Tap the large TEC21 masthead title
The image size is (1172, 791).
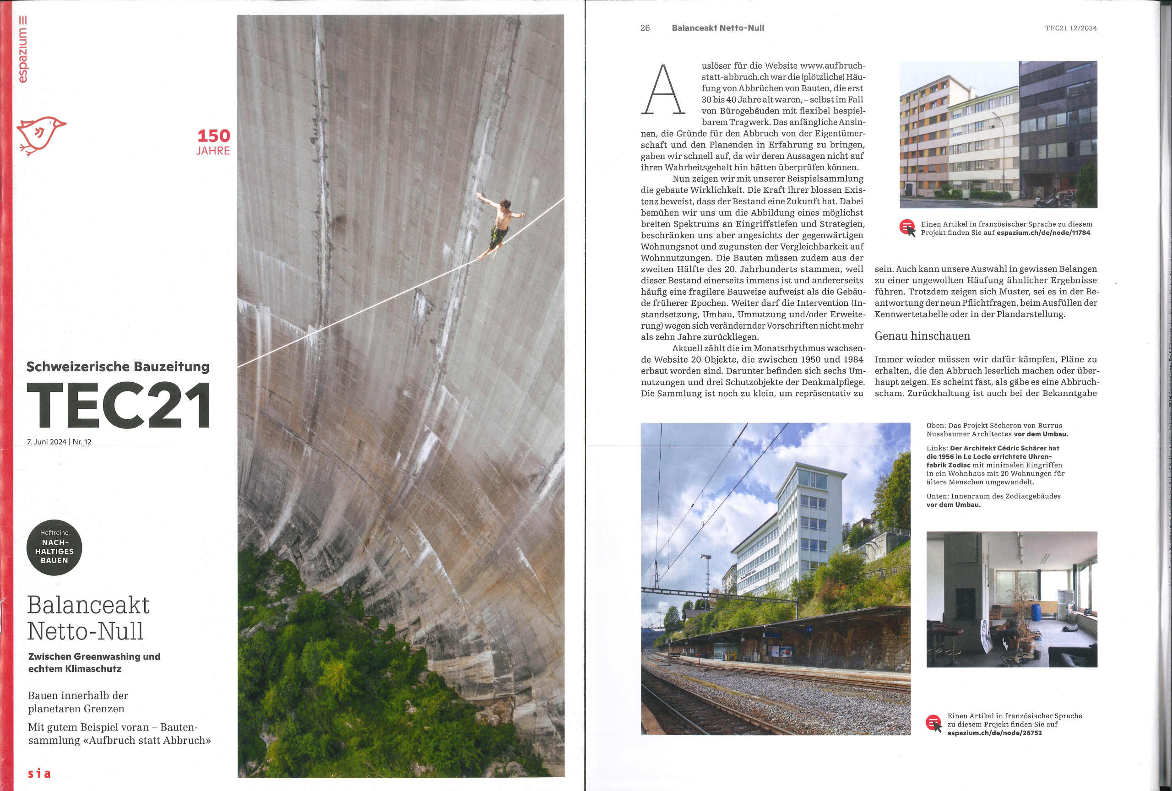[119, 405]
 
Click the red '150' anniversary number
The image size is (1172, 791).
[213, 135]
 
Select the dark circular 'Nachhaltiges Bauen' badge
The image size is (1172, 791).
[54, 547]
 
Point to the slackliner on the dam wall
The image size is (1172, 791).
[499, 225]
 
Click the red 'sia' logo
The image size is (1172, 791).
[39, 773]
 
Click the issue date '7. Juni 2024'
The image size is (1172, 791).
[46, 442]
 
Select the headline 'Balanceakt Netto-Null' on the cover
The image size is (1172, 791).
[88, 618]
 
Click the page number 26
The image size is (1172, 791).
[645, 28]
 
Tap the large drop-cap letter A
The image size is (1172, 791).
[662, 90]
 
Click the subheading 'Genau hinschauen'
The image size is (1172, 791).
[922, 336]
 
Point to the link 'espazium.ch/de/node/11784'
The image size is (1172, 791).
[1043, 233]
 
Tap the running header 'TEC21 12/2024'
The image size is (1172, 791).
[1071, 28]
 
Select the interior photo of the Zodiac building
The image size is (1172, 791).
[1011, 599]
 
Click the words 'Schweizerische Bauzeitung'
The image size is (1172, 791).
[118, 367]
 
